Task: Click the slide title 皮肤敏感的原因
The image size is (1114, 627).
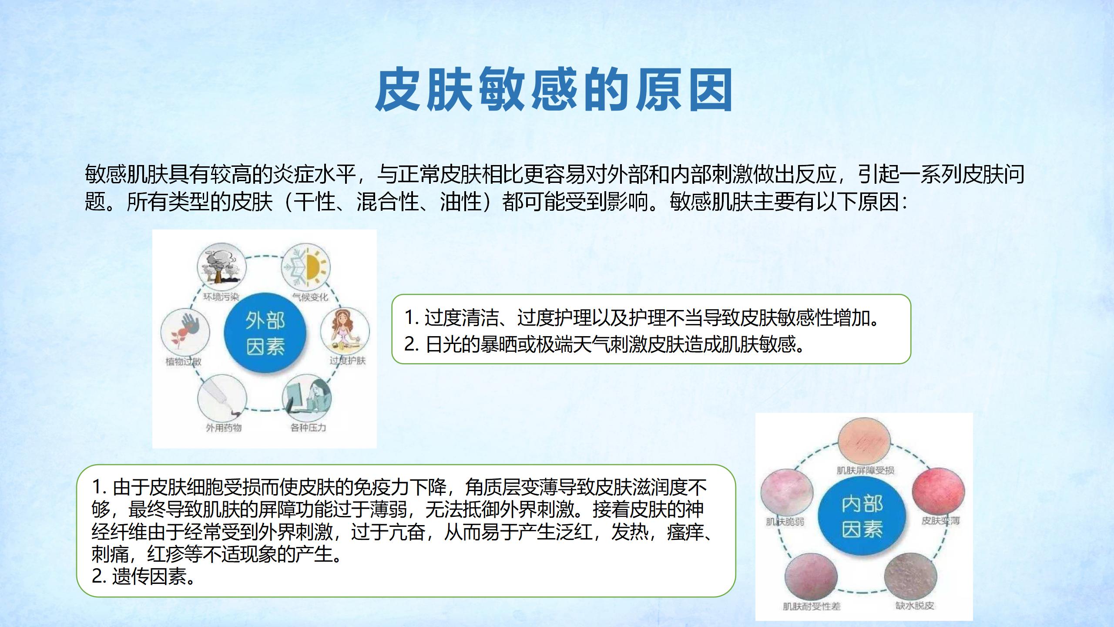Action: (554, 90)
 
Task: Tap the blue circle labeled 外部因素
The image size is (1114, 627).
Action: (265, 333)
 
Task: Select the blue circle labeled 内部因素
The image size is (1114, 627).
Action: (862, 516)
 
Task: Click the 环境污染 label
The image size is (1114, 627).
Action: (221, 297)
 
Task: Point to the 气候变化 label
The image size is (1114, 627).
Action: (310, 297)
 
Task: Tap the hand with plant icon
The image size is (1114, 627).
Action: (185, 332)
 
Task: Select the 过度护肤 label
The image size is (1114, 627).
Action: (347, 361)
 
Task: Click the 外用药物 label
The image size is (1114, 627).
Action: (224, 428)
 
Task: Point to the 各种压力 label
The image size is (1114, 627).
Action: (308, 428)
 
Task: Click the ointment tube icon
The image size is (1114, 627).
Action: (222, 398)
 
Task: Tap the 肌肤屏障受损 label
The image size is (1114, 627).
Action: (865, 470)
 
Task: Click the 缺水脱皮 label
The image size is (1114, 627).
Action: (914, 606)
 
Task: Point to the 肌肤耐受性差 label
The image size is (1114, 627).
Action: (812, 607)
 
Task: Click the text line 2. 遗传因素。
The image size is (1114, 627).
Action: (144, 576)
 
